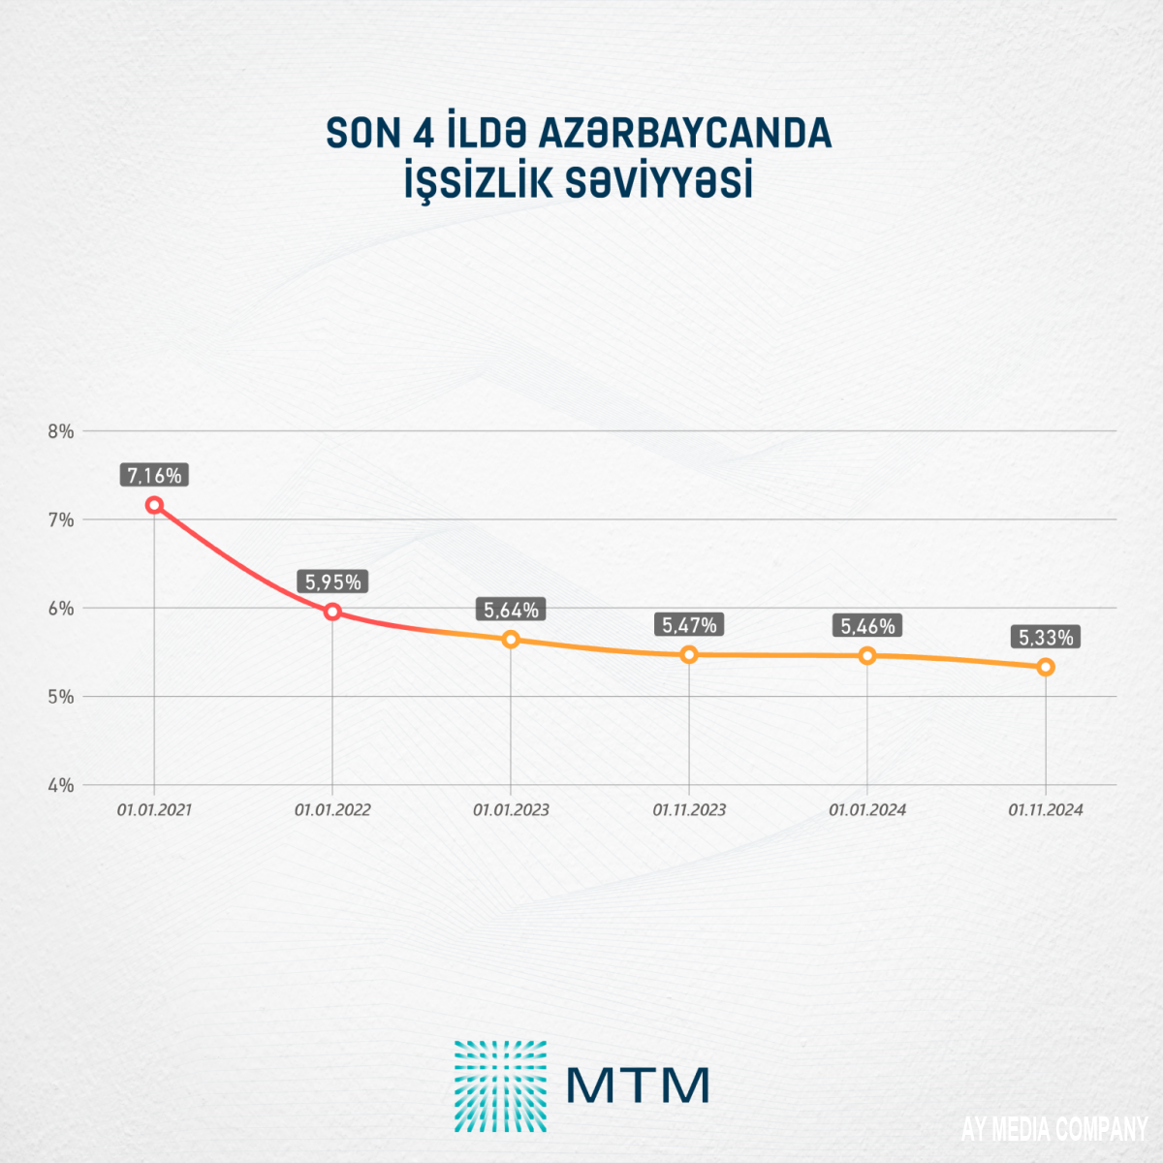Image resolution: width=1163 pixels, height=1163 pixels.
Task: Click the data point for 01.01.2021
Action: tap(154, 505)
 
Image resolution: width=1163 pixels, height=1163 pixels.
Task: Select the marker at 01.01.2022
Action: tap(332, 612)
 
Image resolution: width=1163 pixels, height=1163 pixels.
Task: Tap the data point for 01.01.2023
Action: tap(511, 640)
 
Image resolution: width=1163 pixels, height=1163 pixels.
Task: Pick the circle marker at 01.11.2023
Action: tap(689, 654)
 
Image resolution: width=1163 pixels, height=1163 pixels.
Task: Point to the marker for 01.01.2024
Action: tap(867, 655)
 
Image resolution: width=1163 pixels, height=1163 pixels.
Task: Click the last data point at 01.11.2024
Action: tap(1046, 667)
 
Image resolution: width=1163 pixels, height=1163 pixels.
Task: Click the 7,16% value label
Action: tap(154, 476)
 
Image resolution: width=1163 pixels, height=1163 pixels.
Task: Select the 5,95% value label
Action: tap(332, 582)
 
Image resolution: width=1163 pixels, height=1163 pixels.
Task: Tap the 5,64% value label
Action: tap(511, 611)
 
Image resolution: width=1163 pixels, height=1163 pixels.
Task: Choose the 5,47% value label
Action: tap(689, 626)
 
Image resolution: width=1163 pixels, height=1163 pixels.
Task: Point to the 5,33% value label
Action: tap(1046, 638)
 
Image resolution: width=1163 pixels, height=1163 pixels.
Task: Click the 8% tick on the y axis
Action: tap(61, 431)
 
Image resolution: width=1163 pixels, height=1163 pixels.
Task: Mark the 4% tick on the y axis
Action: tap(61, 785)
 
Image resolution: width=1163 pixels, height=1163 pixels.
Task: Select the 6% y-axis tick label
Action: tap(61, 609)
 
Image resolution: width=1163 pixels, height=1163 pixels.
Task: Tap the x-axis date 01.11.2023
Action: tap(689, 810)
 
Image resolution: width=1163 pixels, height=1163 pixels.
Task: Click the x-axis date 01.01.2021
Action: tap(154, 810)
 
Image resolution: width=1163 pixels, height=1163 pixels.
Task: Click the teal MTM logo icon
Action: tap(500, 1085)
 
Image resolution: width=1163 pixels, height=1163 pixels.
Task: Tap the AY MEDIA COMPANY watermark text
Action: tap(1054, 1130)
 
